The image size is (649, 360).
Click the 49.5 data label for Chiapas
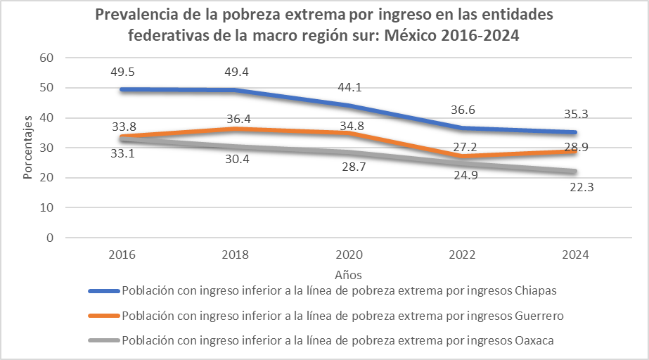click(x=123, y=72)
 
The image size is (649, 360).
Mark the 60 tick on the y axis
click(x=47, y=58)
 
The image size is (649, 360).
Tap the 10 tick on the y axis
click(x=47, y=207)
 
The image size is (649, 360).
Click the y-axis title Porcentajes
click(x=28, y=148)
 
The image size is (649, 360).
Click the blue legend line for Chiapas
click(x=103, y=290)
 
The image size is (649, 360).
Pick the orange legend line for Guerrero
click(x=103, y=316)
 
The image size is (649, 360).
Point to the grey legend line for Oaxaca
click(x=103, y=340)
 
